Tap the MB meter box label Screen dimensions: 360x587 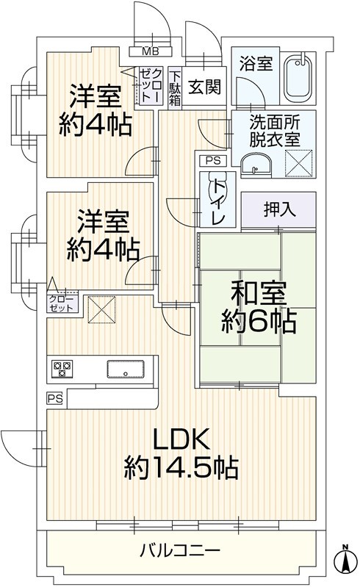point(151,51)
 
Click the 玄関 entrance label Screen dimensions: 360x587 point(204,87)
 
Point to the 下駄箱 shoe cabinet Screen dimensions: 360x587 point(175,88)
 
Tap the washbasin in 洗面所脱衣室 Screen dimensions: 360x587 point(256,165)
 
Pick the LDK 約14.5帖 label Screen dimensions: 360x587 point(181,453)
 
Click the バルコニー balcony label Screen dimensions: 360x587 point(180,551)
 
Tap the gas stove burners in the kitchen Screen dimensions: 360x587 point(62,369)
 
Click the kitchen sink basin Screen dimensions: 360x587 point(126,369)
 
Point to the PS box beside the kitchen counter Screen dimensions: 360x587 point(55,399)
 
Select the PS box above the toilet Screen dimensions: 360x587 point(213,161)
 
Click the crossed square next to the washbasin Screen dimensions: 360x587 point(298,163)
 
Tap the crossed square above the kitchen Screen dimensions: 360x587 point(101,309)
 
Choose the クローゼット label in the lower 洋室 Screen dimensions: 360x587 point(61,303)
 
